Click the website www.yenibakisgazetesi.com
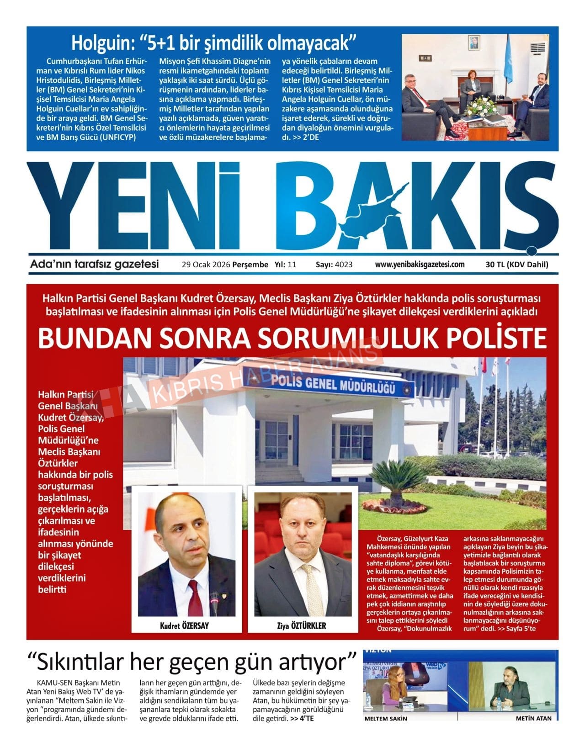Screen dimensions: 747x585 [x=420, y=264]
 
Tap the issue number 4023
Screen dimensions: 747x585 [x=344, y=265]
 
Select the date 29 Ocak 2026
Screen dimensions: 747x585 [x=206, y=265]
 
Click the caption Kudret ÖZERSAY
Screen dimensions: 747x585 [x=185, y=625]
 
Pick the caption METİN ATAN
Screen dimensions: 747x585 [x=533, y=718]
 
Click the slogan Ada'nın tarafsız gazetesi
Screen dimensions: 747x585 [x=94, y=264]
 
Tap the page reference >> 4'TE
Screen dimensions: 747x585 [x=302, y=718]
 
